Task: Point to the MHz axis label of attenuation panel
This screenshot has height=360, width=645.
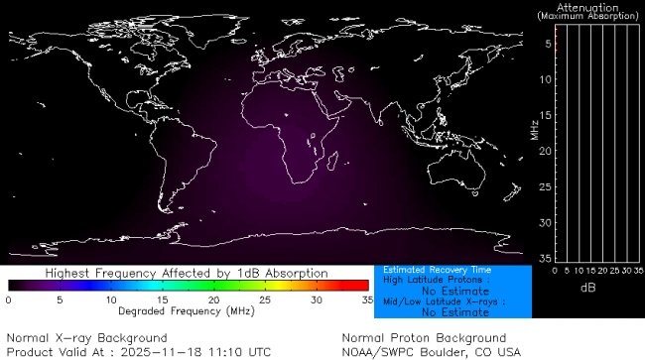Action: (534, 129)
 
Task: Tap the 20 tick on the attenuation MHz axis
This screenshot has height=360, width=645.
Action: (545, 151)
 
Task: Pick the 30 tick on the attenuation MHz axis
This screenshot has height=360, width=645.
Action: (545, 222)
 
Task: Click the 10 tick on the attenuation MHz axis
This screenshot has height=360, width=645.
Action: (545, 79)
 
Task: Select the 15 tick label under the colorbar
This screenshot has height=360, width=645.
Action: (163, 299)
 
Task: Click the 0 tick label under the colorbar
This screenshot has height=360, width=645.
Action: (8, 299)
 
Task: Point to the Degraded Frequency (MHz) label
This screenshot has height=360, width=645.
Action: (188, 310)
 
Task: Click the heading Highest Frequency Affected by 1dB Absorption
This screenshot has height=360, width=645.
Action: (188, 272)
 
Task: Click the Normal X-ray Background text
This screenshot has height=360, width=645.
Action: (86, 338)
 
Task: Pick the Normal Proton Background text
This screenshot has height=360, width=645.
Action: (424, 338)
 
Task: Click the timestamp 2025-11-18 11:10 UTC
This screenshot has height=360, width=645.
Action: (206, 351)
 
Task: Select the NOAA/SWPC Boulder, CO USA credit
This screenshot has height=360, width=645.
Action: (431, 351)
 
